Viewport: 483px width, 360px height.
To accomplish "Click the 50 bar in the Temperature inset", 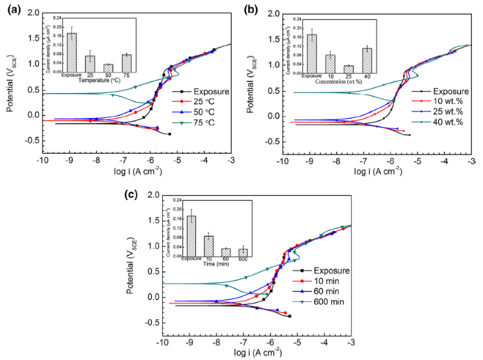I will point(108,68).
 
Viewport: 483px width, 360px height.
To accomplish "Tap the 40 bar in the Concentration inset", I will point(367,60).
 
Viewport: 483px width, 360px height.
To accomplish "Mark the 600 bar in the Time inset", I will point(243,253).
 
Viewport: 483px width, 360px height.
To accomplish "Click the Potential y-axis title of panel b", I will point(255,80).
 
